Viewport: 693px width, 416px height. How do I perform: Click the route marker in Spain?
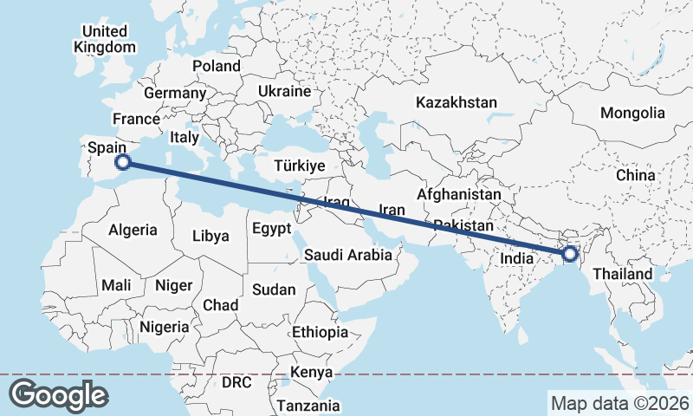[x=123, y=161]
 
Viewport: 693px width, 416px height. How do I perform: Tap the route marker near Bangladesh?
[x=569, y=254]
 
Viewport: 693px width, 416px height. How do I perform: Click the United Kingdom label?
[x=105, y=39]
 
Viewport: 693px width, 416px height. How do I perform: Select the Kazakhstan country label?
[x=457, y=102]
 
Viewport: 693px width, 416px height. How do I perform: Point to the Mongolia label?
[x=632, y=113]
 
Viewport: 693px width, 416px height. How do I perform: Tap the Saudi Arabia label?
[x=347, y=255]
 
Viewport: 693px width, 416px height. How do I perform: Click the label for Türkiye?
[x=299, y=166]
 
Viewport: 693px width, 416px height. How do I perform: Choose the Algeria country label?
[x=133, y=230]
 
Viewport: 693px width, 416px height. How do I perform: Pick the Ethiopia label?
[x=320, y=332]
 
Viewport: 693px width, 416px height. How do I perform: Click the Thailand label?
[x=623, y=274]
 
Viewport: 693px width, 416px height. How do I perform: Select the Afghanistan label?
[x=458, y=195]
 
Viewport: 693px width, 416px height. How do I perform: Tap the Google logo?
[x=58, y=395]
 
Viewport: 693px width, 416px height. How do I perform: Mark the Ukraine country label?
[x=284, y=91]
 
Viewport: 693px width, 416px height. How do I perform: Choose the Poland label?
[x=217, y=66]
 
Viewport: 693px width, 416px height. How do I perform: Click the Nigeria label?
[x=164, y=327]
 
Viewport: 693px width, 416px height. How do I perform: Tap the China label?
[x=636, y=175]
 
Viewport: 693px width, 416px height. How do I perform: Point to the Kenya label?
[x=312, y=372]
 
